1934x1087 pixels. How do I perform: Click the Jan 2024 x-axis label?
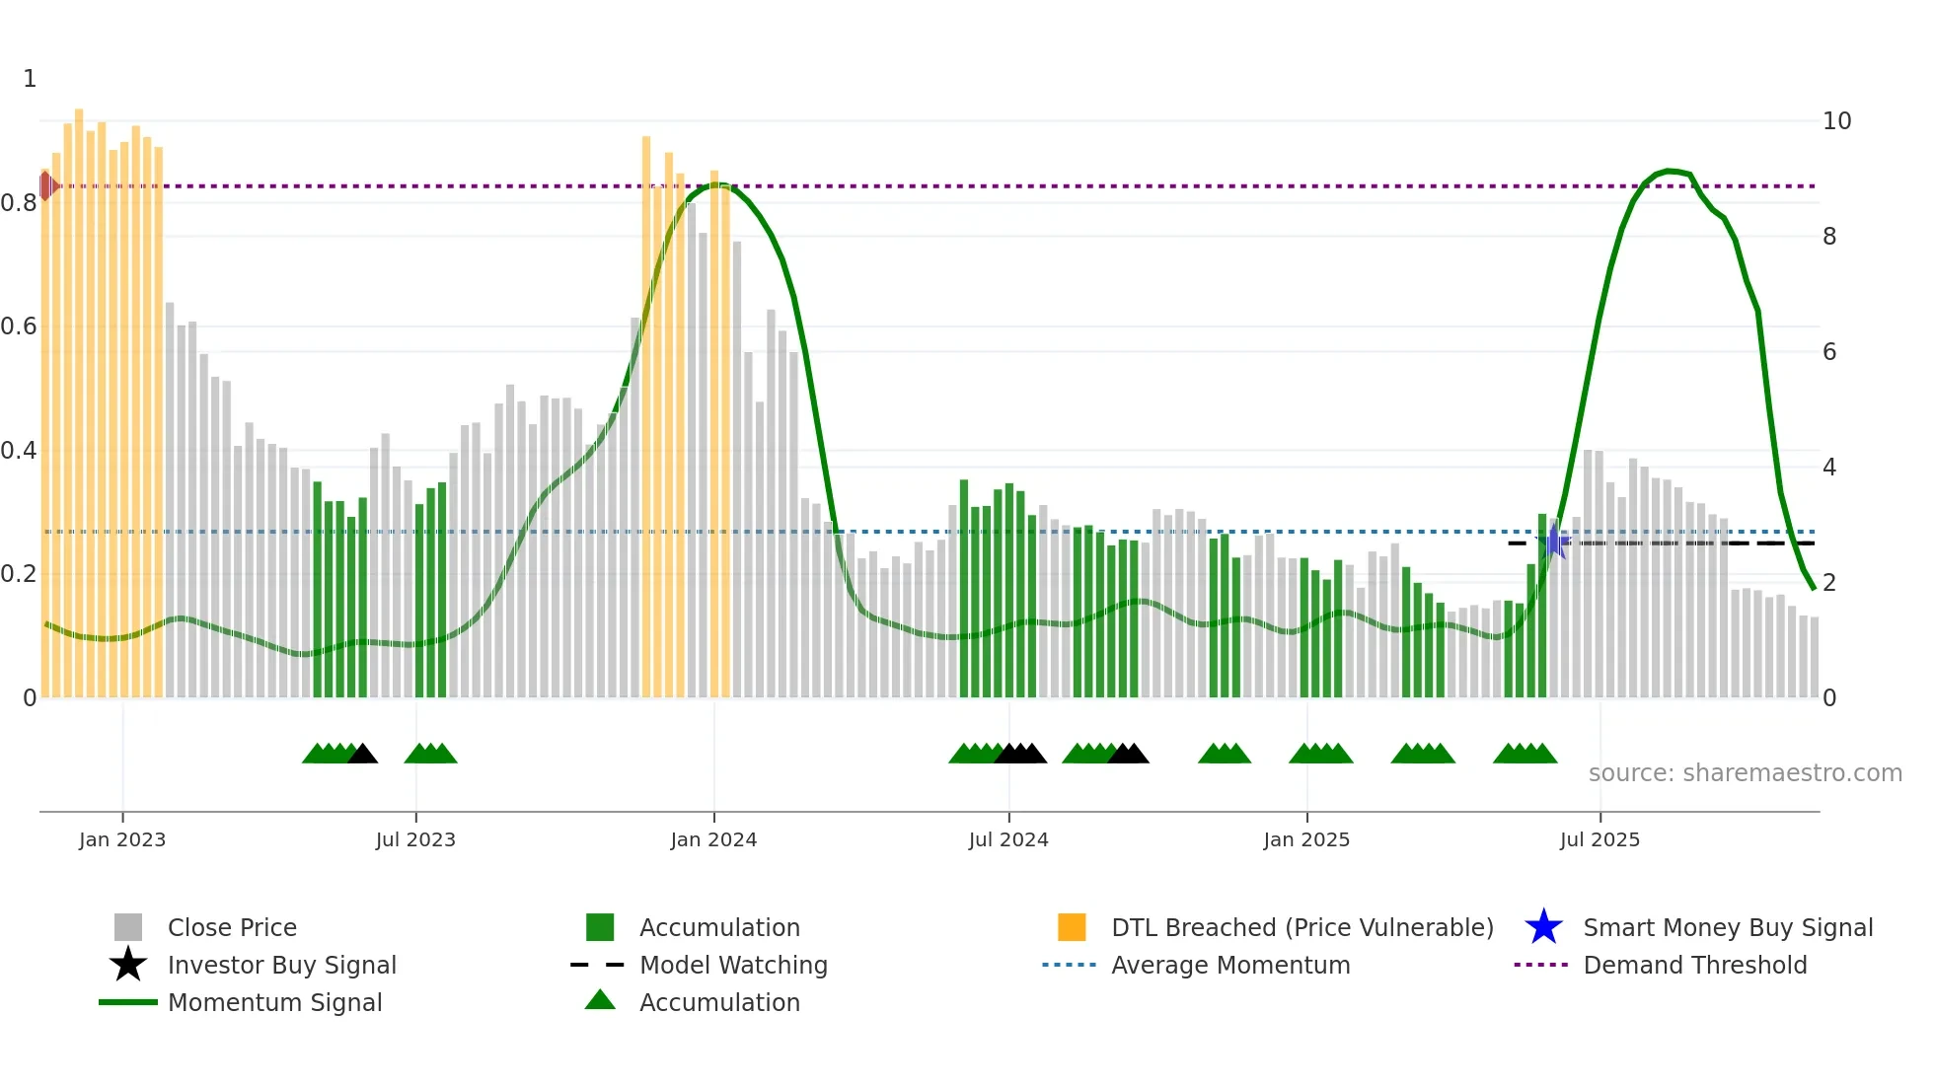[713, 840]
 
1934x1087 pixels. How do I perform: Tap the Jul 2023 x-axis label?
[415, 840]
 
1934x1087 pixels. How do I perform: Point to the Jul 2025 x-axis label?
[1599, 840]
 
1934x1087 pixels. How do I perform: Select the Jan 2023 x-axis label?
[122, 840]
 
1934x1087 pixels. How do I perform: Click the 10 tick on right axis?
[1836, 121]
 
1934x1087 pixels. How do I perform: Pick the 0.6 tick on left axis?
[19, 326]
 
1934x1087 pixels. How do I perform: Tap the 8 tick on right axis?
[1829, 237]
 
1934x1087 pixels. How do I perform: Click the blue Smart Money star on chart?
[1554, 542]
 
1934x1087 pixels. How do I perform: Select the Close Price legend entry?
[232, 928]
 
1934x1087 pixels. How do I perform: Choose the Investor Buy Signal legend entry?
[281, 966]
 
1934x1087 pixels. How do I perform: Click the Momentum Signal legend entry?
[274, 1003]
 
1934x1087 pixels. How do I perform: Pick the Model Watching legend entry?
[733, 966]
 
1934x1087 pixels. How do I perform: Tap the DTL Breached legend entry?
[1302, 928]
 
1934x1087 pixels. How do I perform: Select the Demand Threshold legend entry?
[1694, 966]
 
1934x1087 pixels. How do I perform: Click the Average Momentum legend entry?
[1229, 966]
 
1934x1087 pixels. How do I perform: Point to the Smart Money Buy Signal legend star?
[1543, 928]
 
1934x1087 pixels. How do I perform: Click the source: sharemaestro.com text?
[1745, 773]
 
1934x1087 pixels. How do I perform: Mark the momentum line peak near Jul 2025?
[1669, 171]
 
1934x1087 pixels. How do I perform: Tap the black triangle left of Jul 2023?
[362, 755]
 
